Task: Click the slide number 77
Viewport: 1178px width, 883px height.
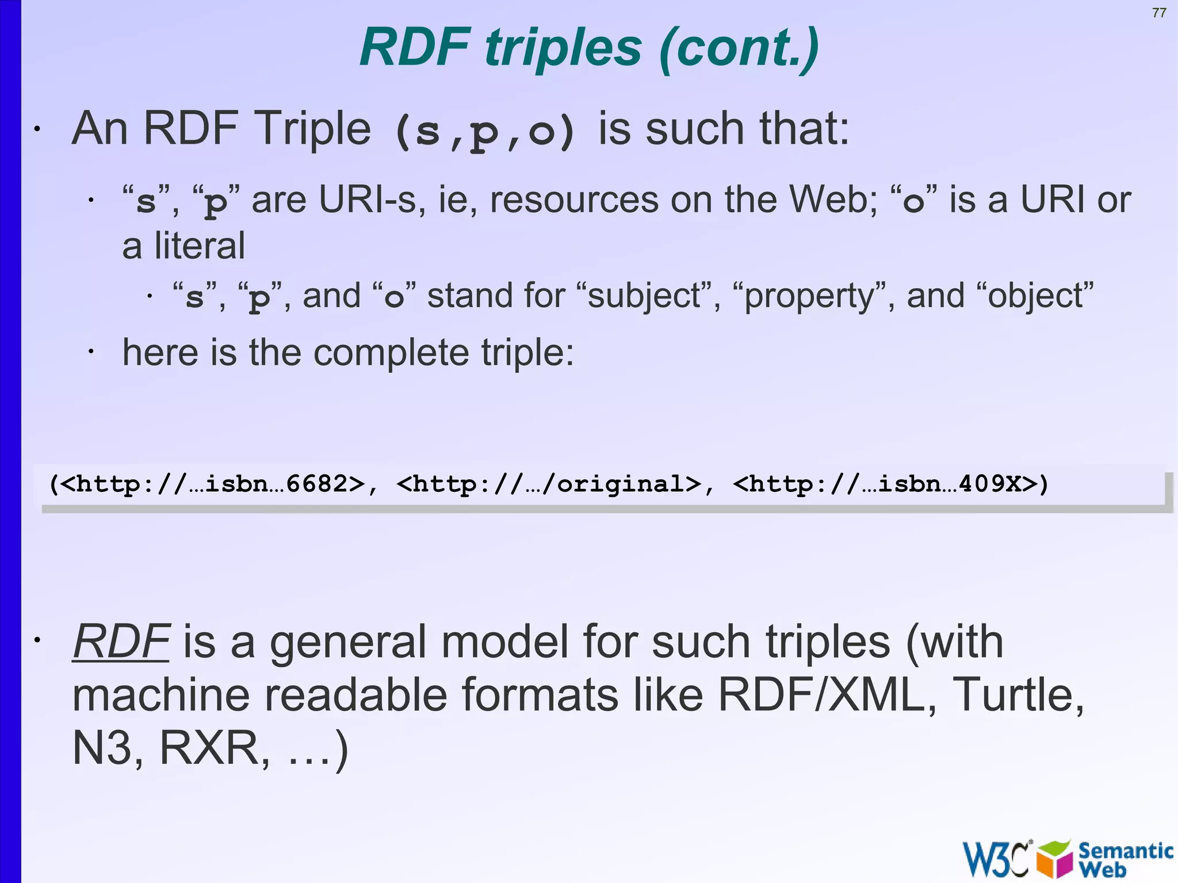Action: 1159,13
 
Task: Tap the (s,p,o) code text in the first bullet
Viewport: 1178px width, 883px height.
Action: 485,131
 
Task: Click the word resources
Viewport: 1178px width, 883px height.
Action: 574,200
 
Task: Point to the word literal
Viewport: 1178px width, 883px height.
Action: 199,246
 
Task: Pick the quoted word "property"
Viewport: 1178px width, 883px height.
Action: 811,296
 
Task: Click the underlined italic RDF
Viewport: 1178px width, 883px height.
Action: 121,641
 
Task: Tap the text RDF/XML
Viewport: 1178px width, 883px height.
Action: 821,695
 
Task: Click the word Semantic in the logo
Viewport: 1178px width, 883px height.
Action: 1125,850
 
